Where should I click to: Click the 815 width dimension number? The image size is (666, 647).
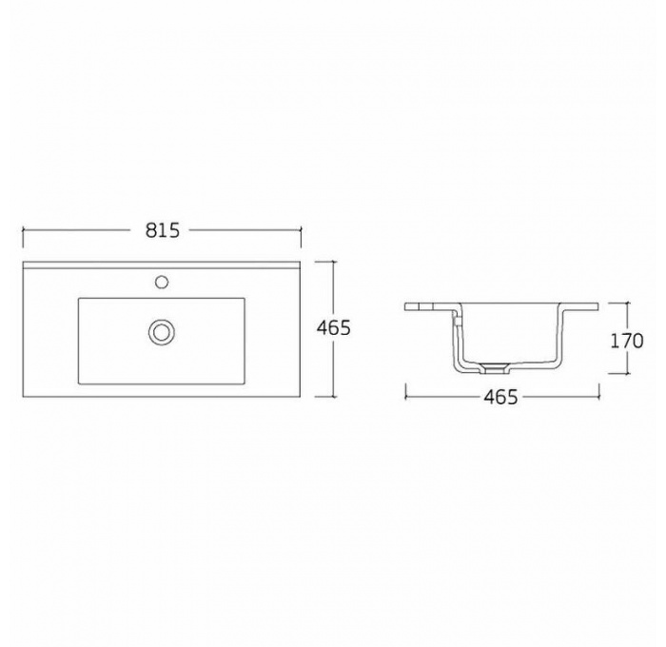(163, 230)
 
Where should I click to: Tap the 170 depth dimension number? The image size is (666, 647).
(627, 341)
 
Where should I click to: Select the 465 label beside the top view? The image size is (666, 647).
(333, 328)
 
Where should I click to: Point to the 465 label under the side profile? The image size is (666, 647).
(501, 398)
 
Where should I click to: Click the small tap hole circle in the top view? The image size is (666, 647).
(162, 282)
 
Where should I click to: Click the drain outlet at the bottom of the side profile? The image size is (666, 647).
(494, 366)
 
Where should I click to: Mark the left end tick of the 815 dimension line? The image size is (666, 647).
(23, 229)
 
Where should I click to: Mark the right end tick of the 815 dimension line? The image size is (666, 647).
(302, 229)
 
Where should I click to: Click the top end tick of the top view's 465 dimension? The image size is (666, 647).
(333, 261)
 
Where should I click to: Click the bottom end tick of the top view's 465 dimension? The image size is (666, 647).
(333, 397)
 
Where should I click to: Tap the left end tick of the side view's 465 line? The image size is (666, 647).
(406, 389)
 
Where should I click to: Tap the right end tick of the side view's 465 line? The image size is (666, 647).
(599, 389)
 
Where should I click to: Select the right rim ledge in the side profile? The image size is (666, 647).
(582, 306)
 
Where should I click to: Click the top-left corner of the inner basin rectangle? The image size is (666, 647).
(79, 299)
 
